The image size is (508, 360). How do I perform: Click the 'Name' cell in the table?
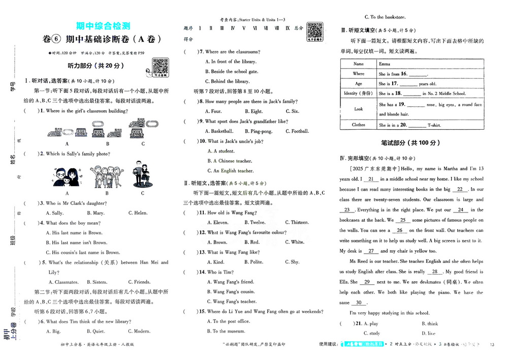click(x=359, y=64)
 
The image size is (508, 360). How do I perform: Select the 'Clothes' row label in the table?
click(x=359, y=125)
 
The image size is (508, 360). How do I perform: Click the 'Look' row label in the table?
click(x=359, y=109)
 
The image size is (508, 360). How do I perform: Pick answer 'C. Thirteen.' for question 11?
click(x=296, y=222)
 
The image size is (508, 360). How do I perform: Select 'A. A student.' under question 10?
click(x=221, y=151)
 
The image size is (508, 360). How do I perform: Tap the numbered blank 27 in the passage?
click(x=371, y=251)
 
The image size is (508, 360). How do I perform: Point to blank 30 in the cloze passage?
click(x=376, y=303)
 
